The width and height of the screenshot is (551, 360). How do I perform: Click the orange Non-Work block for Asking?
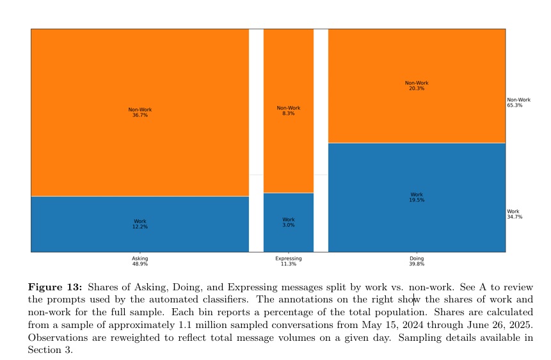(x=140, y=77)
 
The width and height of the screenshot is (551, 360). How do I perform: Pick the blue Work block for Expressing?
(x=289, y=237)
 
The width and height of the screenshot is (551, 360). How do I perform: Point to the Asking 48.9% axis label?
(x=140, y=262)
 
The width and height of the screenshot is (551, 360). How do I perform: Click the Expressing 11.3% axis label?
(x=289, y=262)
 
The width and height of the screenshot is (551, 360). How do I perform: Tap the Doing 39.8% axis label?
(x=417, y=262)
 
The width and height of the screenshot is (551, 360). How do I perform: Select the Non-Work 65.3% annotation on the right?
(x=518, y=102)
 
